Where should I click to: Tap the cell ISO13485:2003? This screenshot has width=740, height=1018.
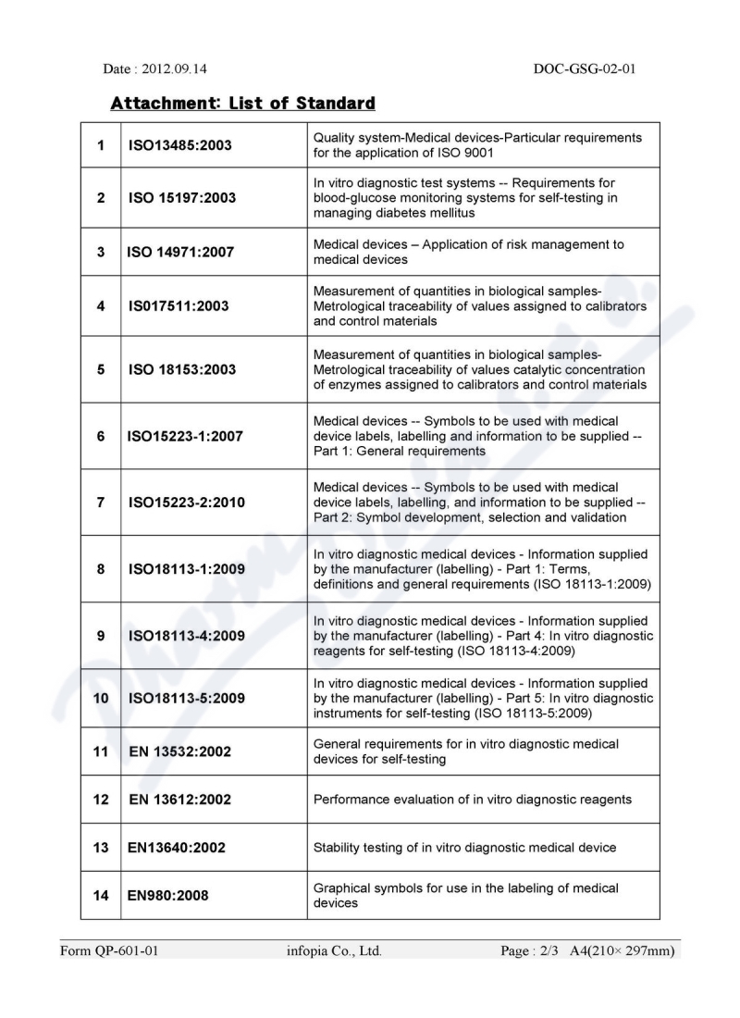tap(182, 145)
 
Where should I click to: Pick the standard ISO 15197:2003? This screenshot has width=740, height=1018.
tap(182, 197)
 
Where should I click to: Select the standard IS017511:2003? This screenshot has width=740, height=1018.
tap(179, 304)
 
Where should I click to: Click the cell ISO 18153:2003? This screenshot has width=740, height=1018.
tap(182, 369)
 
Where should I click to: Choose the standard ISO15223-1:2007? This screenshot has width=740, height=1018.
tap(186, 436)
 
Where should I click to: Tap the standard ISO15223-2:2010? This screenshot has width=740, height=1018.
tap(186, 503)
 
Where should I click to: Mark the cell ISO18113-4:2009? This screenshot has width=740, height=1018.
tap(186, 636)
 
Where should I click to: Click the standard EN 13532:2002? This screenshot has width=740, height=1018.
tap(180, 751)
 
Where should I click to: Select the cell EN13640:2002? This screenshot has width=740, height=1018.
tap(177, 847)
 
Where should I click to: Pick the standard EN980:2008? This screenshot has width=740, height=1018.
tap(167, 895)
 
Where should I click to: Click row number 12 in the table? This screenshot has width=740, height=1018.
tap(100, 800)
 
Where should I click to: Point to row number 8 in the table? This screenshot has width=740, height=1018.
tap(100, 569)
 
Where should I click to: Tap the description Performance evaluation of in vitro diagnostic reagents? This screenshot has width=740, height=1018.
tap(474, 800)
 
